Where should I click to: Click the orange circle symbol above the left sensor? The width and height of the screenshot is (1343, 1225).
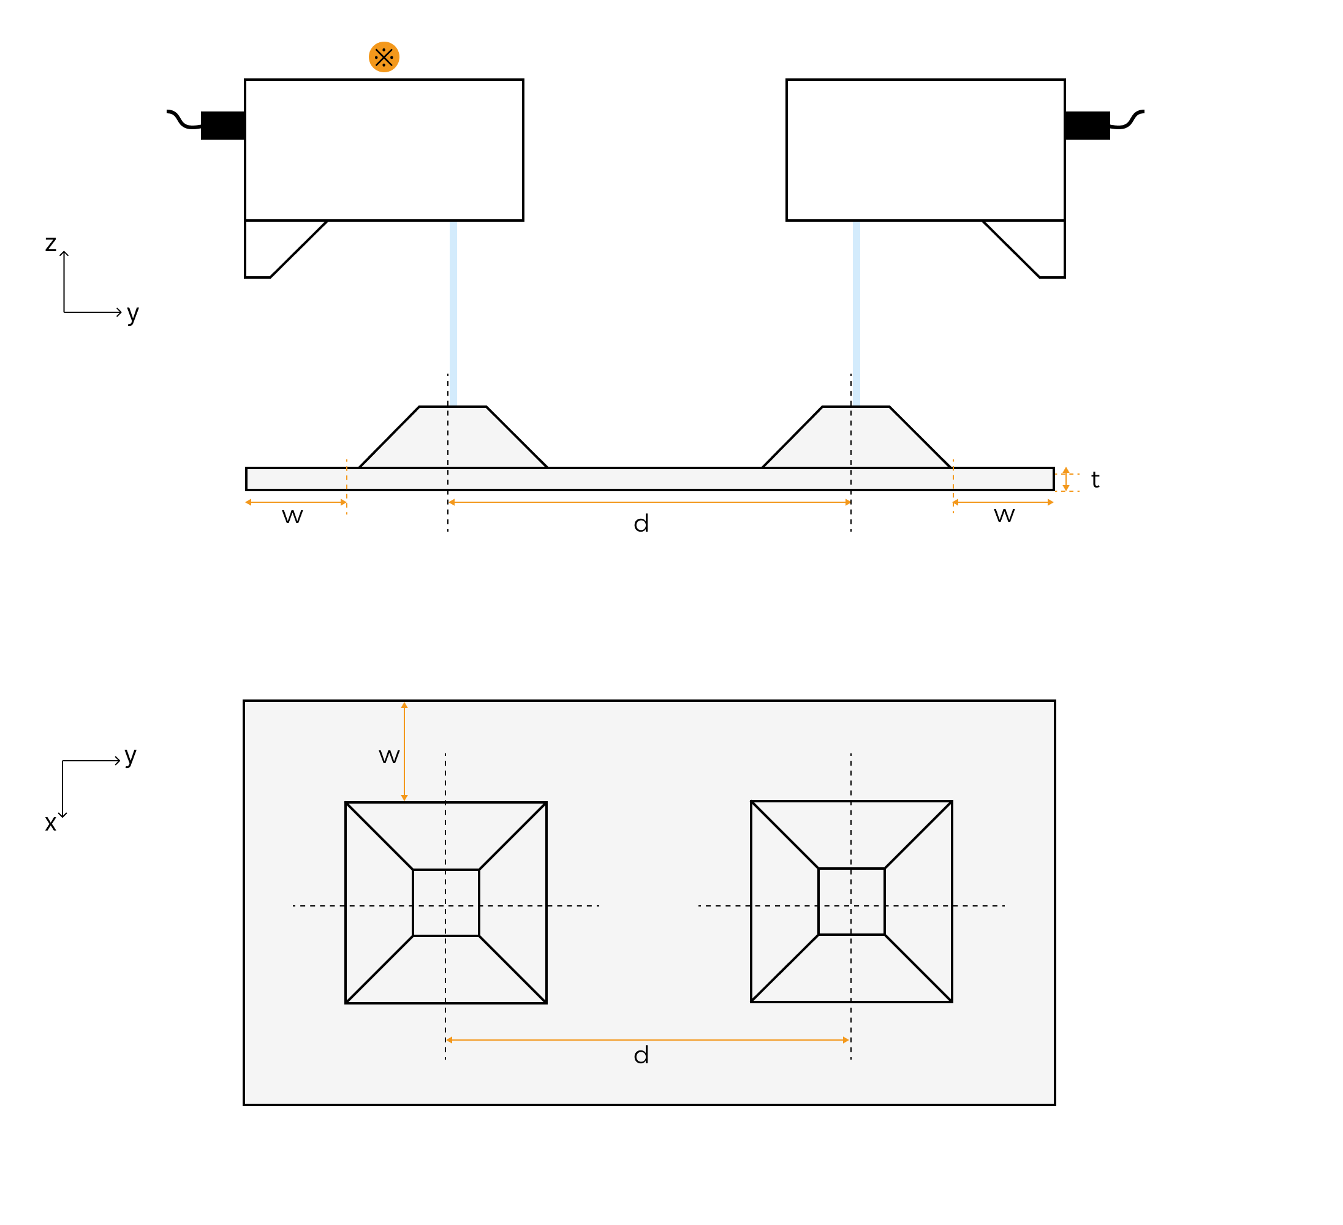384,58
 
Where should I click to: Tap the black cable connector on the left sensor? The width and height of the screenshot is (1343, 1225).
223,125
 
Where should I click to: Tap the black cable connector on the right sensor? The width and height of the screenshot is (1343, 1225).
1086,125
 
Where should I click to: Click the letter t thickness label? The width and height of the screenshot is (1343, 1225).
1094,480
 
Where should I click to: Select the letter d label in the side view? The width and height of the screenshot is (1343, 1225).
641,524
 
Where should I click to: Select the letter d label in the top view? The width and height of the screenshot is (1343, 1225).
641,1055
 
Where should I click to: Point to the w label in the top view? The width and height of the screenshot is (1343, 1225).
389,756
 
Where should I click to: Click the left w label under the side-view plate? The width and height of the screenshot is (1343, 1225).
292,516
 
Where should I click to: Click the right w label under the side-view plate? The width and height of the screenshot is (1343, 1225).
1004,514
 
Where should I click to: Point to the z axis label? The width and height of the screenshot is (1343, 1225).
51,244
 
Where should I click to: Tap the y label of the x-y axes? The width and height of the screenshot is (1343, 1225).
130,756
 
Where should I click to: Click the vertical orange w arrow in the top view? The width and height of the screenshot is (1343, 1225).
404,752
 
